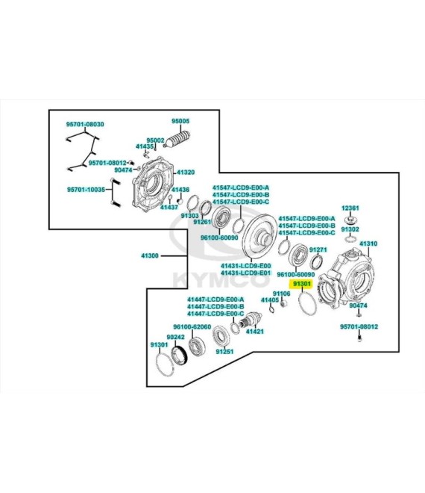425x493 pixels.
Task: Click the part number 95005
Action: [x=180, y=121]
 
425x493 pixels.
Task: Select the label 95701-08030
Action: [x=85, y=124]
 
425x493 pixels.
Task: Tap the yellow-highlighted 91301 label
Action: [x=302, y=285]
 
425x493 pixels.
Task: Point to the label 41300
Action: [x=150, y=255]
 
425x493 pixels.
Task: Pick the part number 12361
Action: [x=350, y=208]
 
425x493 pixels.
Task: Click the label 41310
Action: [x=368, y=244]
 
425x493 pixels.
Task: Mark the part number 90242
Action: [x=175, y=337]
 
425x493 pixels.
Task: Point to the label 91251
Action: [x=224, y=351]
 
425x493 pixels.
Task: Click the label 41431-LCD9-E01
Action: [x=246, y=273]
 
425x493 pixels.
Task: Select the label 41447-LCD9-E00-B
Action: [x=215, y=306]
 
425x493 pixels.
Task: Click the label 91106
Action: [x=281, y=294]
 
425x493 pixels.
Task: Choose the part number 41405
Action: [x=270, y=300]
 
